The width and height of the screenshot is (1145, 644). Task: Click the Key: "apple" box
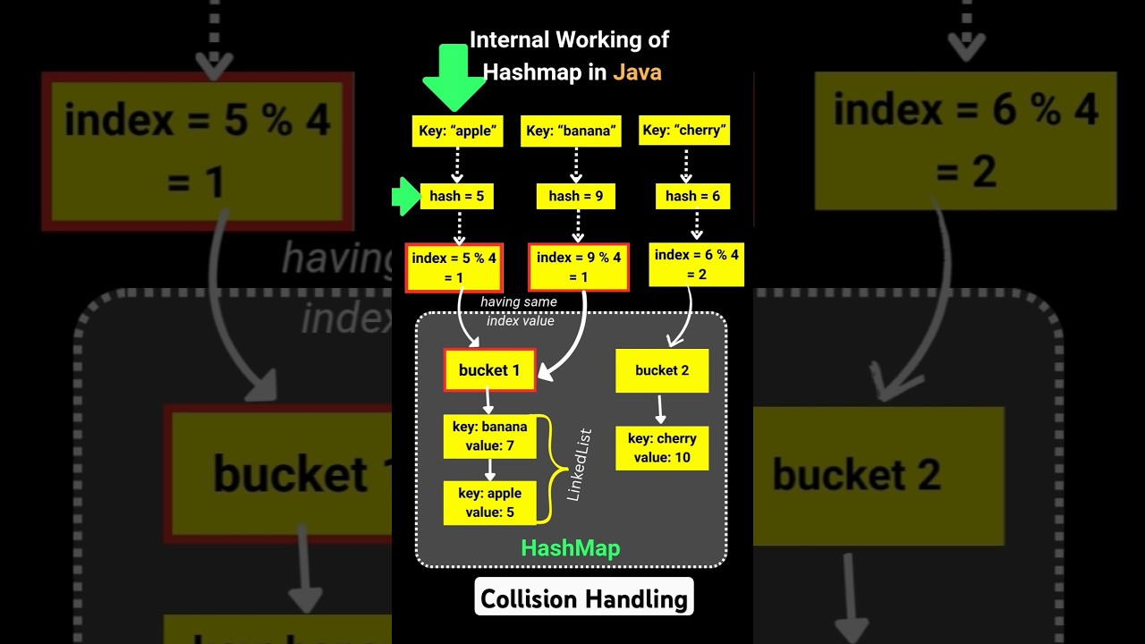456,131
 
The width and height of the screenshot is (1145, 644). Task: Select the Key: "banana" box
571,131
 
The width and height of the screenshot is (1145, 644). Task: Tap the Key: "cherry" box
684,131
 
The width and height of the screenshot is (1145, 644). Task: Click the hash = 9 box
577,196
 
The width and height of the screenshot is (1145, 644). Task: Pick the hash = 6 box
692,196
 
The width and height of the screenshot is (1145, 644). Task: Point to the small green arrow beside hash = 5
405,196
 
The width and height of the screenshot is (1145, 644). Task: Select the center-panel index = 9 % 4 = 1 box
579,267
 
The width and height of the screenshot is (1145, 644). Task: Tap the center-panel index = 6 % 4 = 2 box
697,264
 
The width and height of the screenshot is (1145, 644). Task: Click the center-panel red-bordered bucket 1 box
489,370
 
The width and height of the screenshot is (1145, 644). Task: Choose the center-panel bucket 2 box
662,370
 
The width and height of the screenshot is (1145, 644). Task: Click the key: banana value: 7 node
489,436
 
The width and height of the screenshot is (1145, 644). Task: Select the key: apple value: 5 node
489,503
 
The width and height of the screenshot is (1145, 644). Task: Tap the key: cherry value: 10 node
662,447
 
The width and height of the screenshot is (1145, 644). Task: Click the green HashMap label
571,548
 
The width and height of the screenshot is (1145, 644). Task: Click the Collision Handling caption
584,598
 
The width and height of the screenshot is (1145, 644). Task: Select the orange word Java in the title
637,72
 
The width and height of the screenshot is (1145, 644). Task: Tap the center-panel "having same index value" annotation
519,311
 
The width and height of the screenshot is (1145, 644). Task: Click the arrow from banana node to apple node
489,470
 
